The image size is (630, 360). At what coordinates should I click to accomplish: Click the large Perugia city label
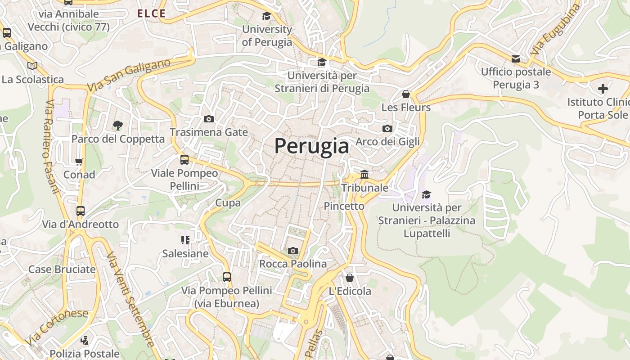(x=311, y=146)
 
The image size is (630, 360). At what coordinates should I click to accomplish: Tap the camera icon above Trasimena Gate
(x=209, y=119)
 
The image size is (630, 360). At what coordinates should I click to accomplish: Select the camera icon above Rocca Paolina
(x=293, y=251)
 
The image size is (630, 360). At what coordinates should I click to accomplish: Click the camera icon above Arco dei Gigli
(x=387, y=129)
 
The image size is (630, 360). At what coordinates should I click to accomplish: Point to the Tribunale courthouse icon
(x=364, y=174)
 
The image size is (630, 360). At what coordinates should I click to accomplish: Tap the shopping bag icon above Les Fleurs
(x=406, y=94)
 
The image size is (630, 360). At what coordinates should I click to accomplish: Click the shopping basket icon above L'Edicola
(x=350, y=278)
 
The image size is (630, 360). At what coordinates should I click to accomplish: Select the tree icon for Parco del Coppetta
(x=118, y=125)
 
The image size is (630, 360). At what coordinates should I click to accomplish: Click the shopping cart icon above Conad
(x=79, y=162)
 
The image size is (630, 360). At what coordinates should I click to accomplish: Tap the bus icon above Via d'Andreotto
(x=81, y=211)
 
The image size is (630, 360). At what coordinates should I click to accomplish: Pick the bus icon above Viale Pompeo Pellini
(x=184, y=160)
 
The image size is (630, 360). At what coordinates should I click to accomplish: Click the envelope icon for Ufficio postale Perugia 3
(x=516, y=58)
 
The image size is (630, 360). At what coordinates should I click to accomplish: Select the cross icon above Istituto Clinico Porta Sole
(x=603, y=89)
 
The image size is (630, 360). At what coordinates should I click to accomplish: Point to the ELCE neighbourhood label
(x=151, y=14)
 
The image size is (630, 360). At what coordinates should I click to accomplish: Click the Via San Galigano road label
(x=129, y=76)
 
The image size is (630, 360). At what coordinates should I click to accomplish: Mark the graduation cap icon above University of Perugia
(x=267, y=16)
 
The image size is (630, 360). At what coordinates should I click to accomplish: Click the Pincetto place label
(x=344, y=206)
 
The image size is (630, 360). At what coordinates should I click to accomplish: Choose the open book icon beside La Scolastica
(x=32, y=66)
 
